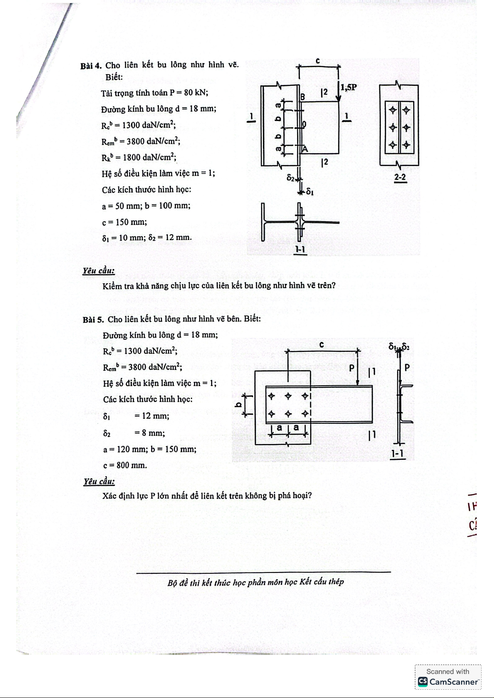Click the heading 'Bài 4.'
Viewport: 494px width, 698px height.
tap(91, 66)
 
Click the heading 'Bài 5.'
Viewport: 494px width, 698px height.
tap(93, 319)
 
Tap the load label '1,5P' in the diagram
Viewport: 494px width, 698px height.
tap(348, 87)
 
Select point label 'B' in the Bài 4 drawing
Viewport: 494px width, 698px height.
tap(303, 97)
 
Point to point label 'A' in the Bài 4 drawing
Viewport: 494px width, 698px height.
tap(305, 149)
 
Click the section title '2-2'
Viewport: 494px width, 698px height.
tap(400, 178)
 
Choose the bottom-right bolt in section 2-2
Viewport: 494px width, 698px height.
tap(406, 145)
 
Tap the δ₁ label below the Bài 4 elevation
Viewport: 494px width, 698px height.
tap(309, 192)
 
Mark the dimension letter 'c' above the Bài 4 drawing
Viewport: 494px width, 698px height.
tap(318, 61)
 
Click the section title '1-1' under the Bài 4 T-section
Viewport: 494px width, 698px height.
tap(300, 249)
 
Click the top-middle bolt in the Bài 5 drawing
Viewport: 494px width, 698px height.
tap(288, 396)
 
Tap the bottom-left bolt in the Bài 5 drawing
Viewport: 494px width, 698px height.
tap(272, 413)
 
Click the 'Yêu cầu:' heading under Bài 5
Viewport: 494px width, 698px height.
tap(99, 481)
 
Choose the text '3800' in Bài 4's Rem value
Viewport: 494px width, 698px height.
tap(136, 141)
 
